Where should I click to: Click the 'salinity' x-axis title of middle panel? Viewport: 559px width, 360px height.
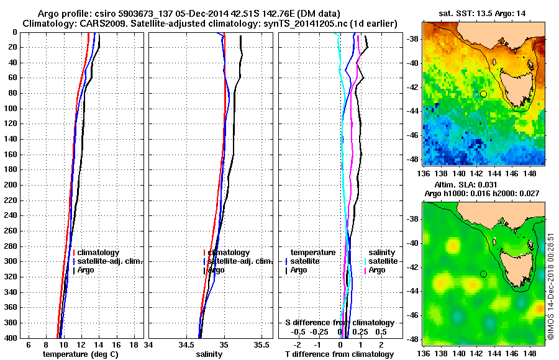click(x=208, y=354)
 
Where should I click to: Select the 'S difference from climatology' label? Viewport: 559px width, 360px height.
click(x=340, y=323)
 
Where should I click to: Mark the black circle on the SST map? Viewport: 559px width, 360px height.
click(x=483, y=94)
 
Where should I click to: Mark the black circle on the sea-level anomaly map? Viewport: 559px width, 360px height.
click(x=483, y=274)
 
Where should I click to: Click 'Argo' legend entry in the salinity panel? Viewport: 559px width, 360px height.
click(x=217, y=270)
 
